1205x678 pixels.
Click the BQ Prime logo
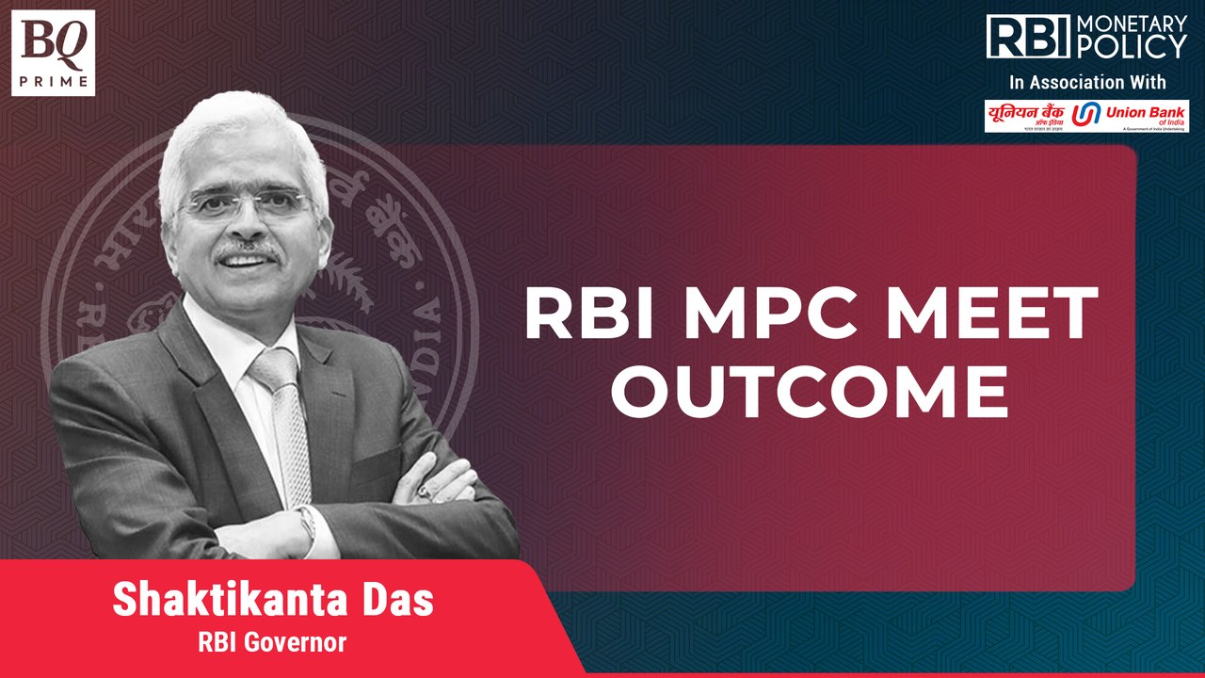[x=54, y=53]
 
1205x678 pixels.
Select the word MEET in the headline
[x=1005, y=314]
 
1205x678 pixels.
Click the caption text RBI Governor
[x=272, y=643]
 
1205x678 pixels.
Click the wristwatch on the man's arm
[x=306, y=521]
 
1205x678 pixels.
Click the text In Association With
[x=1086, y=81]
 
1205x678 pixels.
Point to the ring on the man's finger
[x=423, y=491]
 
